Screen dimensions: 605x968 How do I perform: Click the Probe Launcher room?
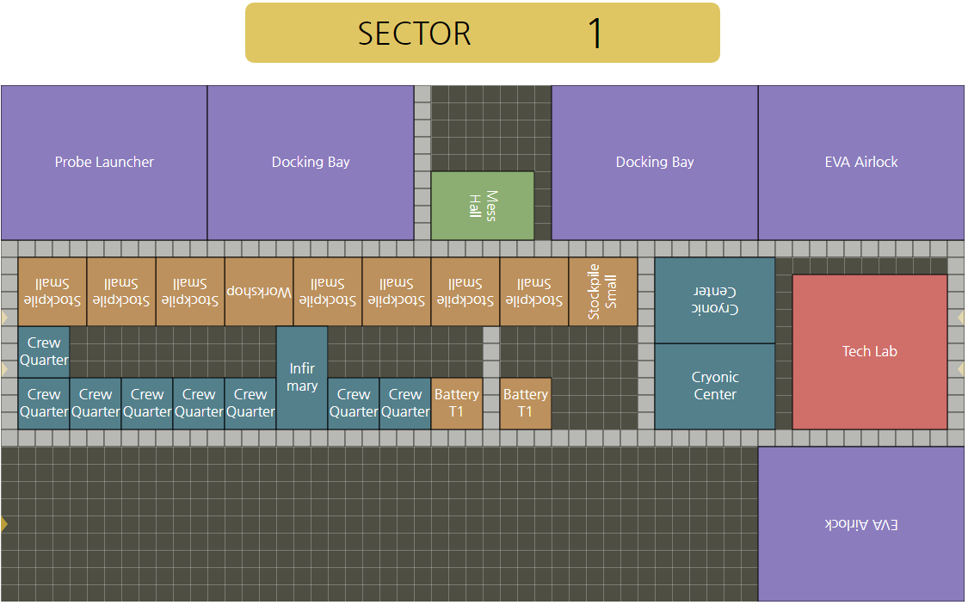[x=104, y=162]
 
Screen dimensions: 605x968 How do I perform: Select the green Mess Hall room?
[x=482, y=206]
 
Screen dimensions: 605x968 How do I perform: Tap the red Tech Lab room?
[x=869, y=351]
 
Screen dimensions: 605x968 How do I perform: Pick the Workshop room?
[x=259, y=292]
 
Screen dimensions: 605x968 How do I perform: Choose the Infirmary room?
[x=302, y=377]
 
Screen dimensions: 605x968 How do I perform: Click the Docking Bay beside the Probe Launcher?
[x=311, y=162]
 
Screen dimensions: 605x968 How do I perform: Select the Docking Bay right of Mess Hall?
[x=655, y=162]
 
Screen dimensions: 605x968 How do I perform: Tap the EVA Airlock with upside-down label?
[x=860, y=523]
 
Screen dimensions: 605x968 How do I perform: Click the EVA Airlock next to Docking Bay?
[x=860, y=162]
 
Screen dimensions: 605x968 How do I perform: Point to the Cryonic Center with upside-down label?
[x=715, y=299]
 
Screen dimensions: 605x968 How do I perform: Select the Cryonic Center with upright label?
[x=715, y=386]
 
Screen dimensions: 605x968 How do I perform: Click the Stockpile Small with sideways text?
[x=602, y=292]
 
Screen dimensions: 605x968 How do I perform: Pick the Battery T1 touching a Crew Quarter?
[x=456, y=403]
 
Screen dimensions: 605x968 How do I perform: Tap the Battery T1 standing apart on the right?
[x=525, y=403]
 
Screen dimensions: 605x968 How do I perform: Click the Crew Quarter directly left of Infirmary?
[x=250, y=403]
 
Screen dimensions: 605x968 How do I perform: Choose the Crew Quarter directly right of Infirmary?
[x=354, y=403]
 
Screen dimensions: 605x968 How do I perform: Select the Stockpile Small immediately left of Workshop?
[x=190, y=292]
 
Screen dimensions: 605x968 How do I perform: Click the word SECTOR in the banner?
[x=415, y=34]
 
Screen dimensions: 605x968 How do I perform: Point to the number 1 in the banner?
[x=595, y=34]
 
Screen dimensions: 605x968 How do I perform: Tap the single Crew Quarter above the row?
[x=44, y=351]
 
